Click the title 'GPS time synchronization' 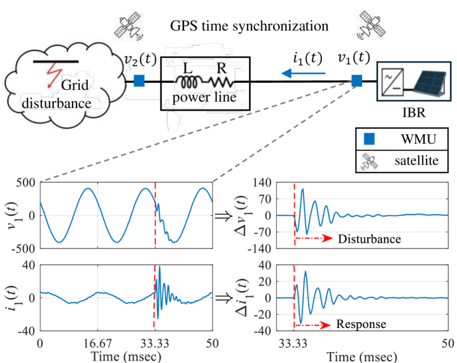tap(250, 27)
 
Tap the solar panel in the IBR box tap(426, 83)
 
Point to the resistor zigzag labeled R tap(222, 83)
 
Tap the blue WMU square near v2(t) tap(139, 81)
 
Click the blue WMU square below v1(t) tap(357, 81)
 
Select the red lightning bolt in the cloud tap(50, 78)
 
